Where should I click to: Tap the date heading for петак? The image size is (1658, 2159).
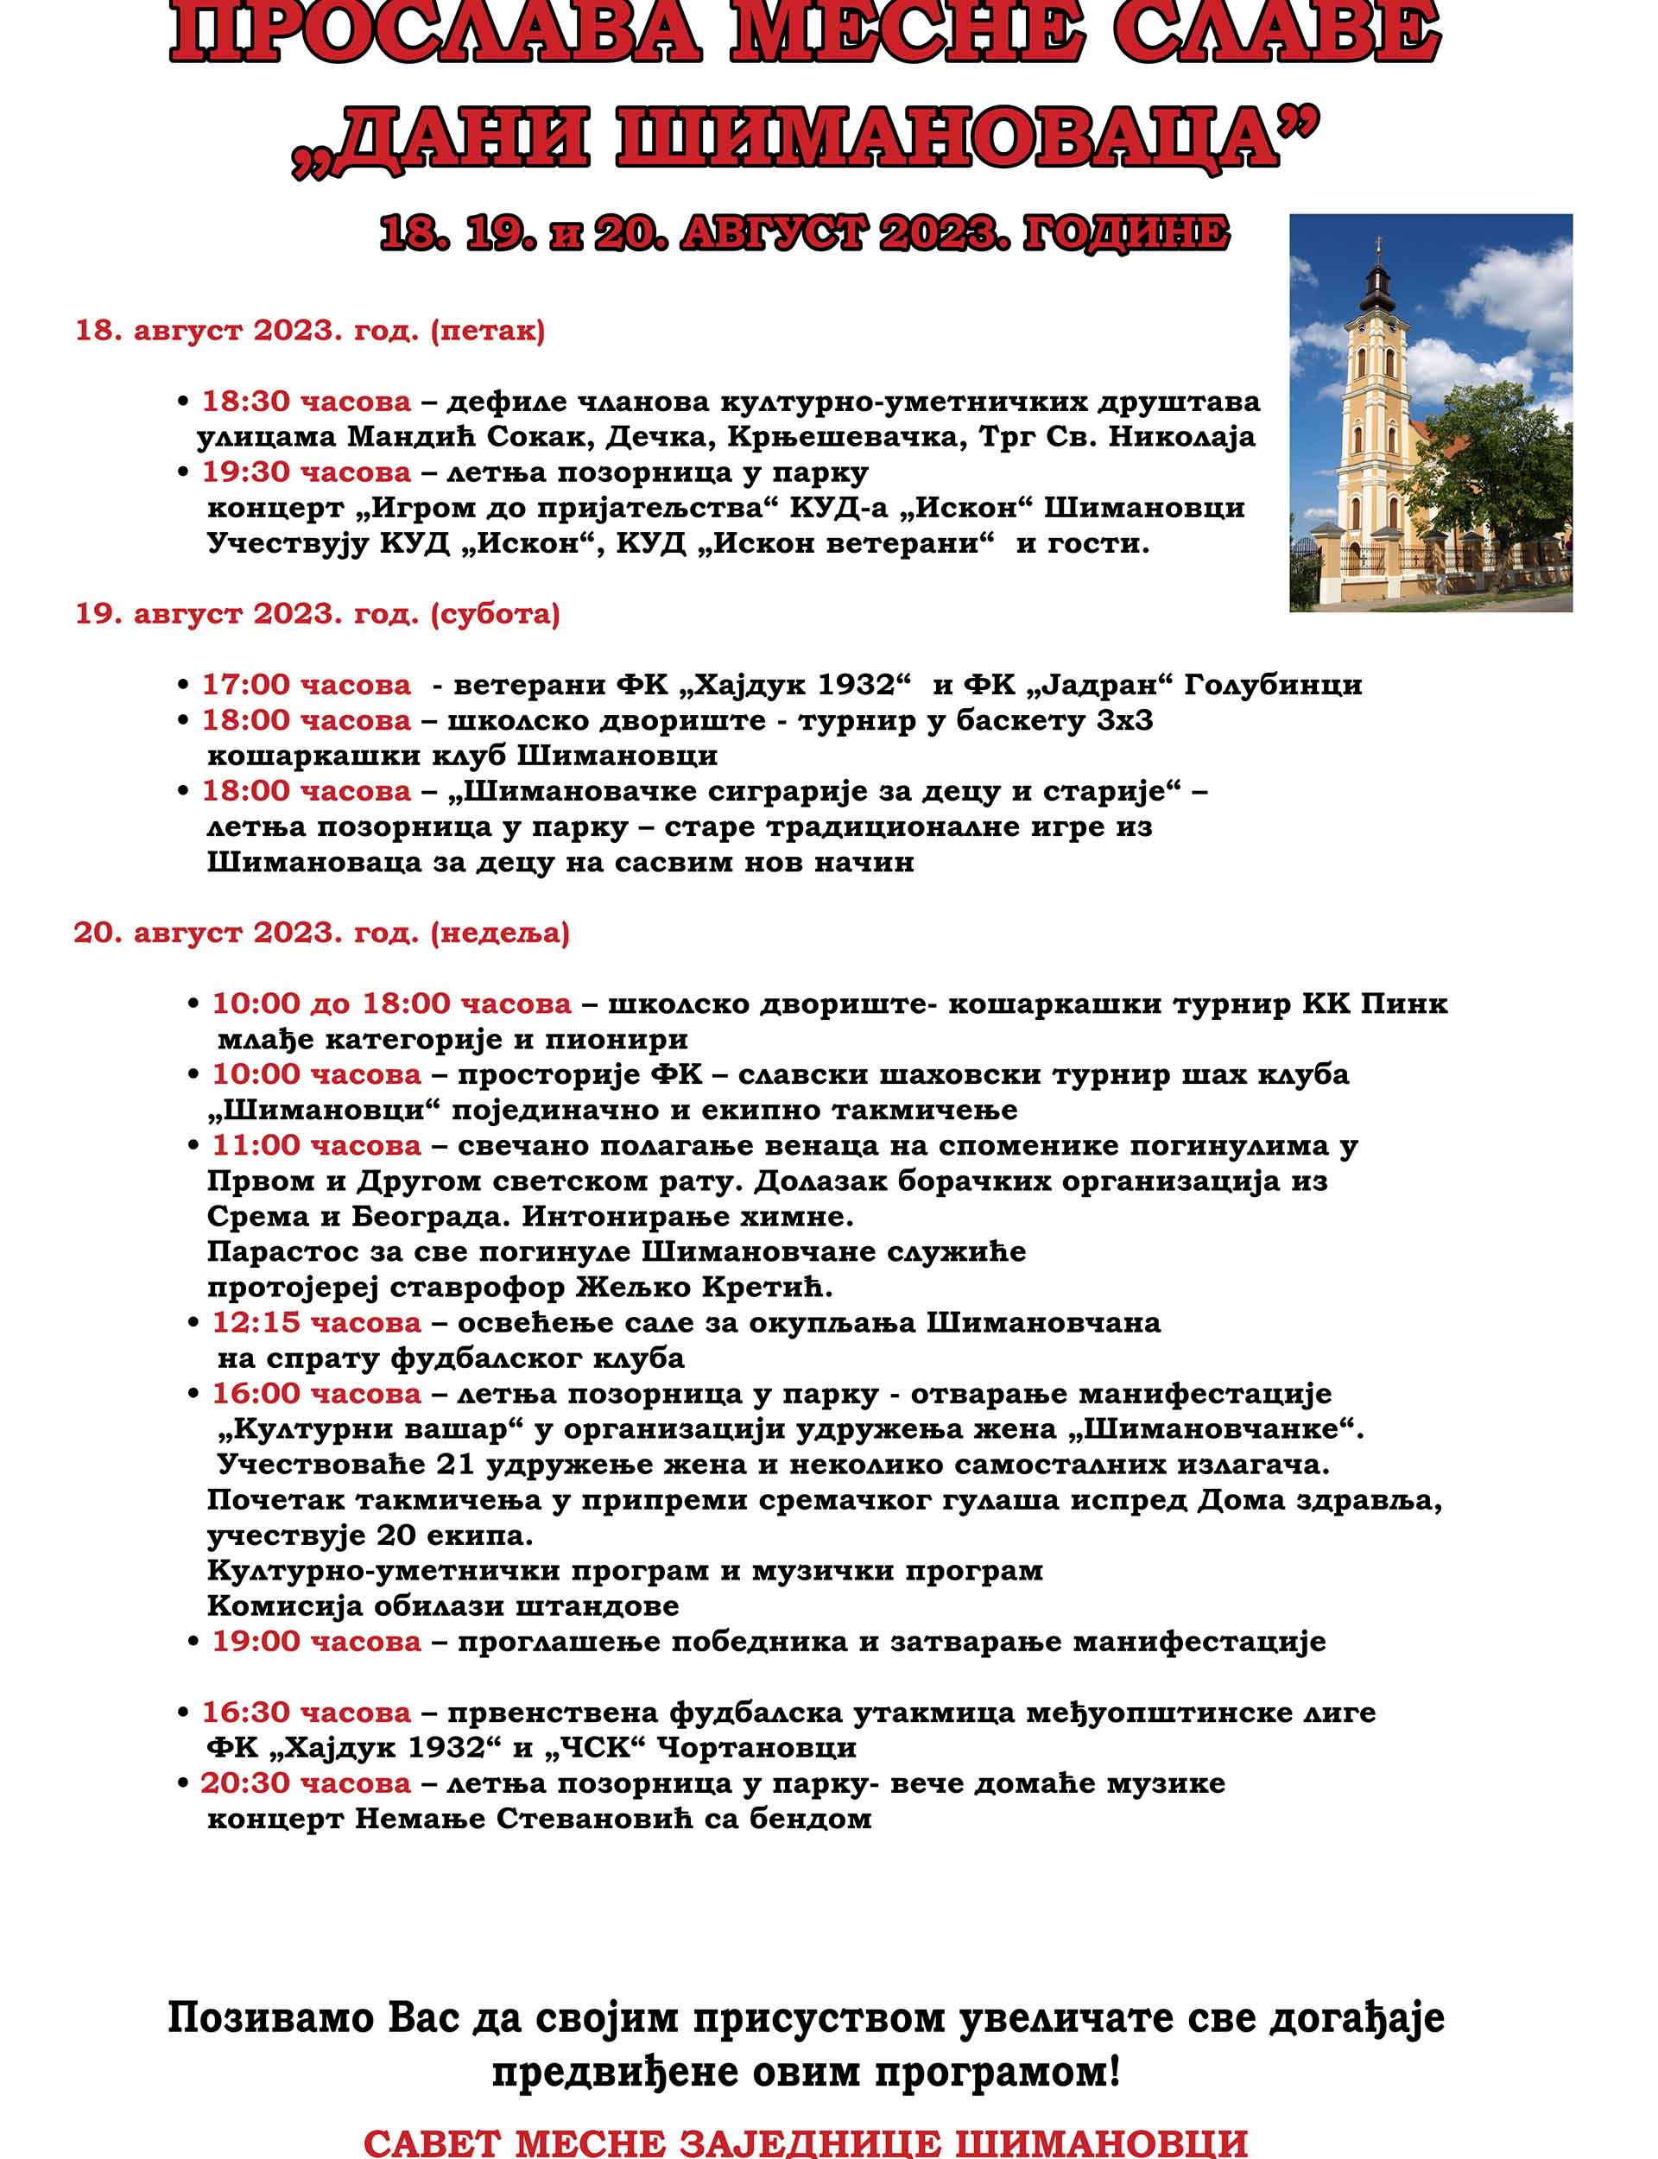tap(310, 331)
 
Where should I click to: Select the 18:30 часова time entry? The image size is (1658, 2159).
tap(306, 402)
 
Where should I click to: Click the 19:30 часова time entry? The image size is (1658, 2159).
tap(306, 472)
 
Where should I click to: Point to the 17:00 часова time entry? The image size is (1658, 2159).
tap(306, 685)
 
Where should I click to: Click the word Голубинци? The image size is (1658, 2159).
tap(1272, 685)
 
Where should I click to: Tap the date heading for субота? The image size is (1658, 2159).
tap(317, 614)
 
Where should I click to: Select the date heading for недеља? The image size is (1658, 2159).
tap(320, 933)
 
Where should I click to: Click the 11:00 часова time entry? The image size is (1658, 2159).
tap(316, 1146)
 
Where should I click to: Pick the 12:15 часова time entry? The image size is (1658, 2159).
tap(316, 1322)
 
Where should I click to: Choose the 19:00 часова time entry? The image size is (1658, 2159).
tap(316, 1642)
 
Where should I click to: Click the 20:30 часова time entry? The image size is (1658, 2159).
tap(306, 1784)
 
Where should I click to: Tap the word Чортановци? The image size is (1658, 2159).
tap(756, 1749)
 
